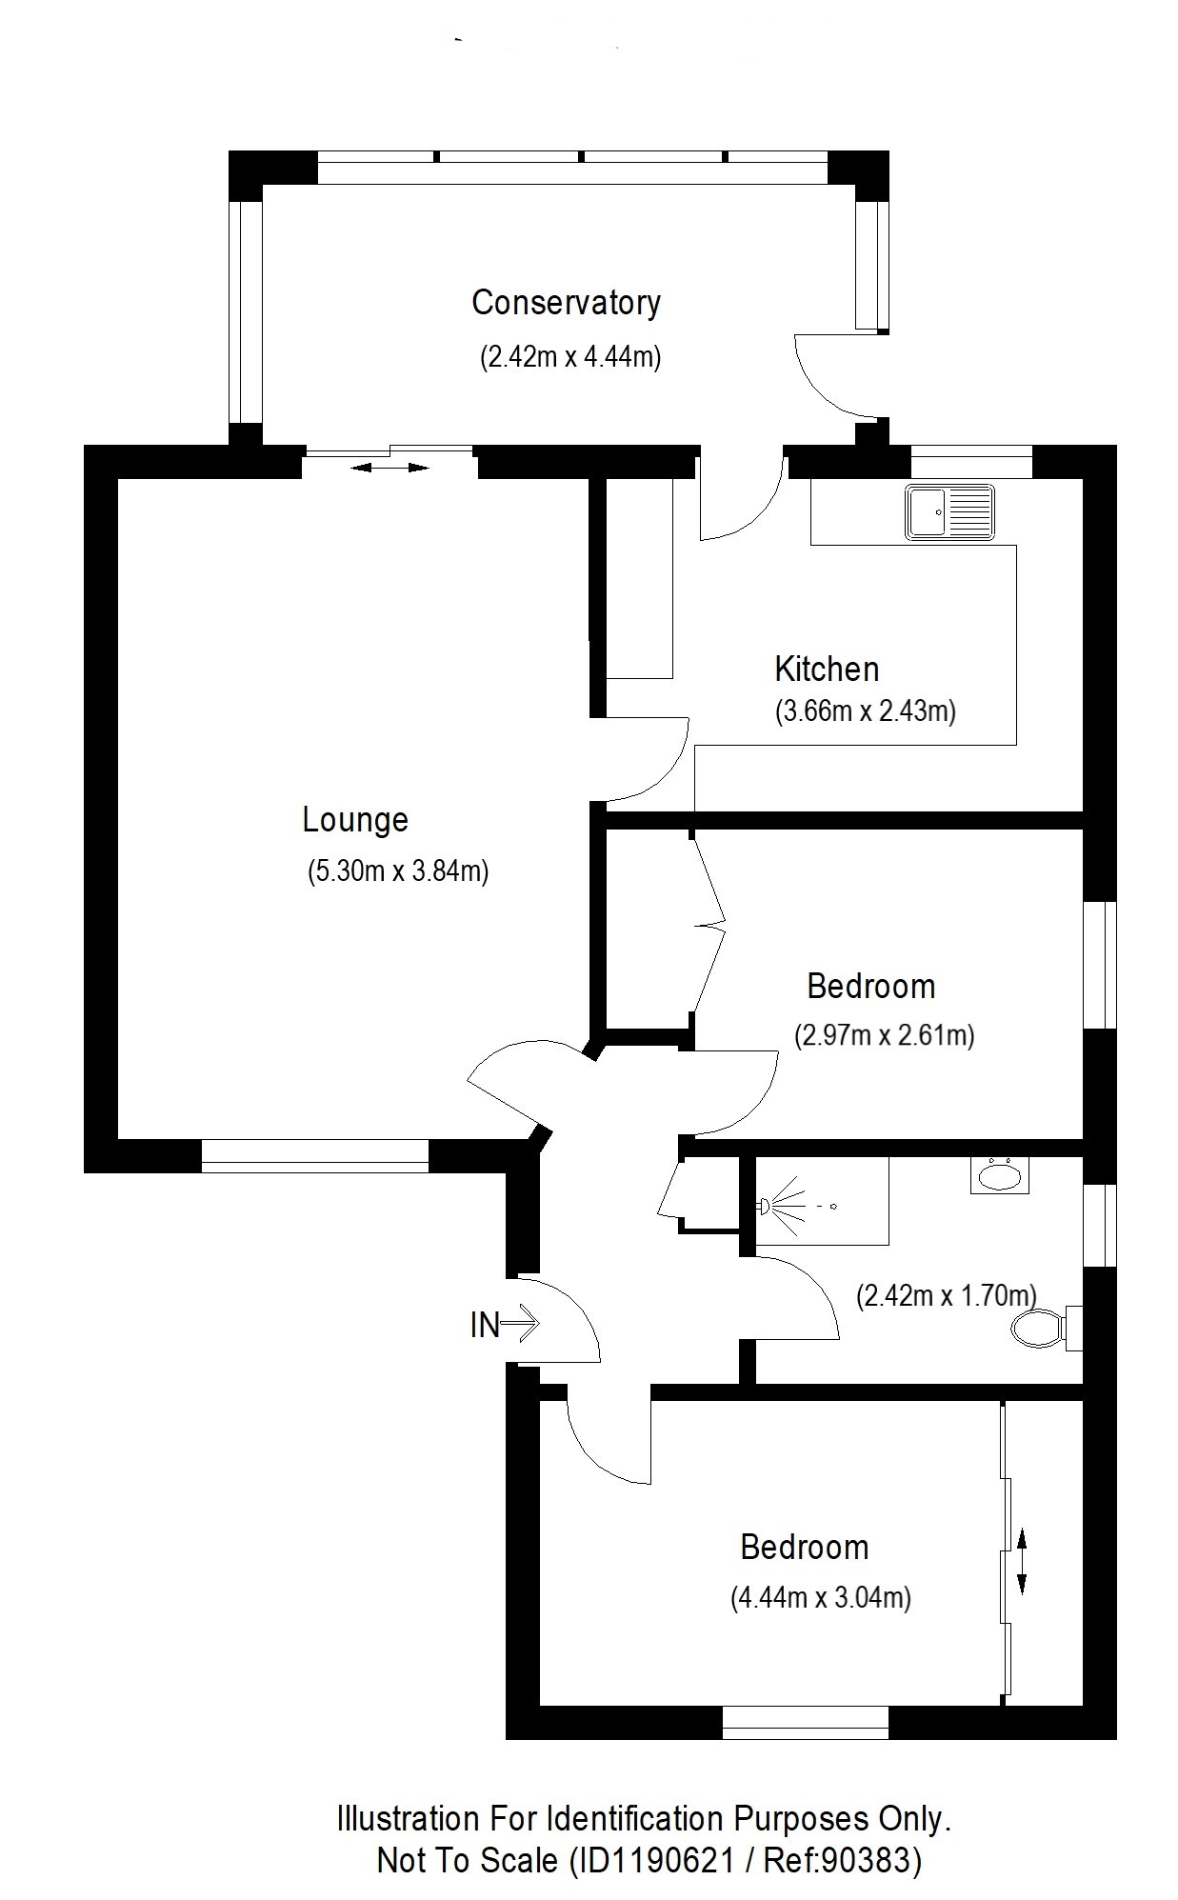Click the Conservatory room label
566,303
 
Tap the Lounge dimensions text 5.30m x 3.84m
397,871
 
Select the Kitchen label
827,670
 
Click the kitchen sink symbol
950,512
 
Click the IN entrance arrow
519,1323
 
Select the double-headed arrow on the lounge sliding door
390,468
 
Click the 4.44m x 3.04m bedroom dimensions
821,1597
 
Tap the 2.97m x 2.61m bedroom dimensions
885,1035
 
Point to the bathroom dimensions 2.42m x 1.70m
947,1296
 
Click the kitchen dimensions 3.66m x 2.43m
866,711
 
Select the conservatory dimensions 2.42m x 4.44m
569,357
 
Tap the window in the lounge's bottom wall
315,1155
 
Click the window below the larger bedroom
806,1722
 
